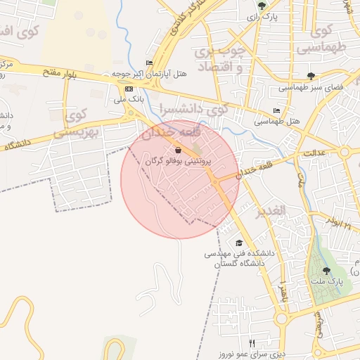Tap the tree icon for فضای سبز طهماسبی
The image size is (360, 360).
coord(311,76)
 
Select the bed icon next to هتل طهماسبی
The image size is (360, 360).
coord(277,110)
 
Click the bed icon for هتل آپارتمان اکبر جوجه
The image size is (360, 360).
coord(149,63)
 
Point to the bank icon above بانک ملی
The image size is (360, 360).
coord(129,89)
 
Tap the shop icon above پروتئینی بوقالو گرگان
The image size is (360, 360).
coord(178,150)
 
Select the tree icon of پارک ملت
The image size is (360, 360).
coord(326,270)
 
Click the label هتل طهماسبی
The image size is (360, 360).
coord(279,121)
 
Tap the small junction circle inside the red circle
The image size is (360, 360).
coord(215,181)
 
